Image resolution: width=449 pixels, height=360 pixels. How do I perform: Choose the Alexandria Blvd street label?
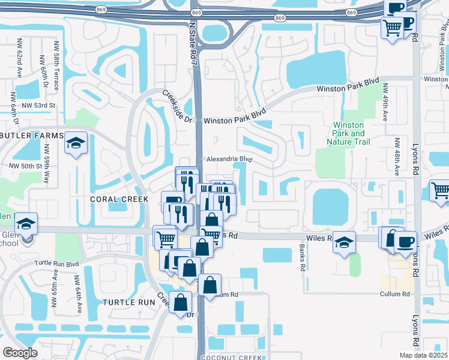pos(229,160)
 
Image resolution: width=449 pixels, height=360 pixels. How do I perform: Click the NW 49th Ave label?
pos(385,103)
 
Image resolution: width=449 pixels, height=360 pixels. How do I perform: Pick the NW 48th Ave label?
pos(397,158)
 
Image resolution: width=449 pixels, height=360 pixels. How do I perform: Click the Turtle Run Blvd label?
pos(57,263)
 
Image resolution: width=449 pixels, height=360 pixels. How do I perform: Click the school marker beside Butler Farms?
pos(76,143)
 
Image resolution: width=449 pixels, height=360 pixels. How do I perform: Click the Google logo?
pos(20,353)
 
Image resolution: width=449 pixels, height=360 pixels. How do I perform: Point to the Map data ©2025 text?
pos(424,355)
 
